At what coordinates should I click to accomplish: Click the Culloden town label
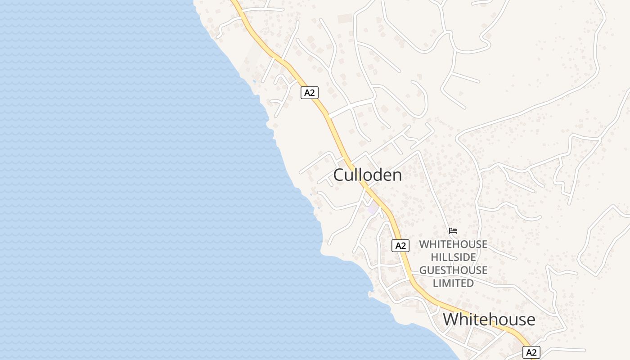(367, 175)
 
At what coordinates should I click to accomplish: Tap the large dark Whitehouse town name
(489, 319)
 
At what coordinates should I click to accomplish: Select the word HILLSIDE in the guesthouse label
(453, 257)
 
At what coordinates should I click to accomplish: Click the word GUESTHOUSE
(453, 270)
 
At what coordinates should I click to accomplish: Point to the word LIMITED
(453, 283)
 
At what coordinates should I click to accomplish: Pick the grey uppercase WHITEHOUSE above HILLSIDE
(453, 244)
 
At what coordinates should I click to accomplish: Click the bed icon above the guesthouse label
(453, 231)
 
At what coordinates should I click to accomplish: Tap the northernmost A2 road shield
(310, 93)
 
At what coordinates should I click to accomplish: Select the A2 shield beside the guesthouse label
(400, 246)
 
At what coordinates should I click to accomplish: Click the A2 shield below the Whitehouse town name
(531, 352)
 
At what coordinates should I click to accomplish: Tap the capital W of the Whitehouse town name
(451, 319)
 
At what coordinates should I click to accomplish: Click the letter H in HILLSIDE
(435, 257)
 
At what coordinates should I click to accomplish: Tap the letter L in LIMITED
(435, 283)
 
